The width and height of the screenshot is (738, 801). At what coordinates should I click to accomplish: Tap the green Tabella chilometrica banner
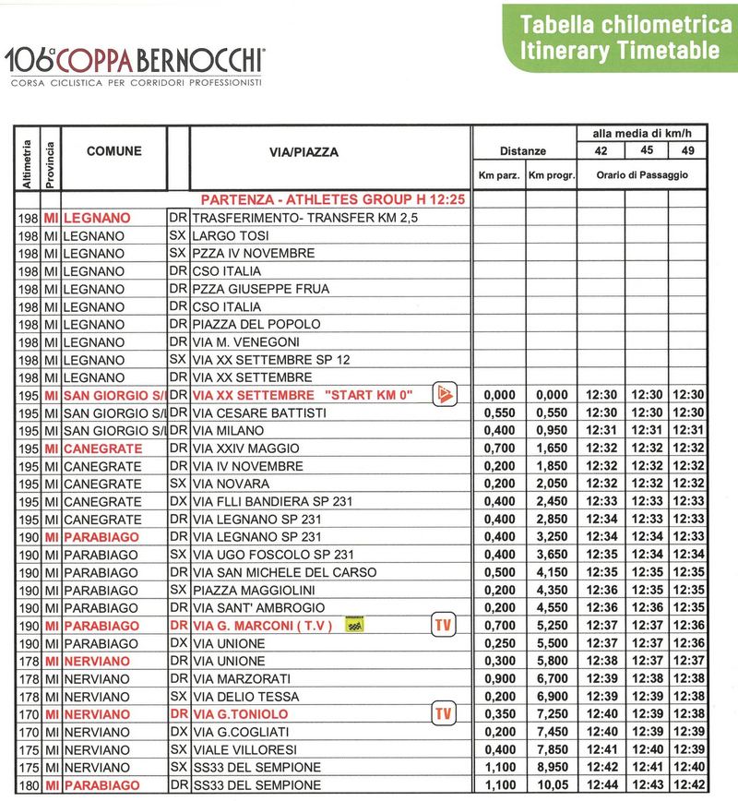pyautogui.click(x=620, y=37)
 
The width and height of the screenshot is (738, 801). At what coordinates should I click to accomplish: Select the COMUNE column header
pyautogui.click(x=114, y=151)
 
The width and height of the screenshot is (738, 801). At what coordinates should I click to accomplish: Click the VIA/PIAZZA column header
pyautogui.click(x=329, y=151)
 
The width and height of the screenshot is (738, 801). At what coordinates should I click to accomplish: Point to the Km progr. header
pyautogui.click(x=552, y=174)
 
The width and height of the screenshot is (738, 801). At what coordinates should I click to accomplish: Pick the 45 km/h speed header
pyautogui.click(x=647, y=150)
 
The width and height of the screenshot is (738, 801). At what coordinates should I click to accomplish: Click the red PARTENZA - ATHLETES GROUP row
pyautogui.click(x=326, y=200)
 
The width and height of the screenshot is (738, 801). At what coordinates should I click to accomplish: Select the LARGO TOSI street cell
pyautogui.click(x=228, y=235)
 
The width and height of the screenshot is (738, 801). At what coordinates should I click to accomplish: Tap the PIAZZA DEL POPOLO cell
pyautogui.click(x=256, y=324)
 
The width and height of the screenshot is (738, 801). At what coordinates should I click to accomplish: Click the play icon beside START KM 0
pyautogui.click(x=445, y=395)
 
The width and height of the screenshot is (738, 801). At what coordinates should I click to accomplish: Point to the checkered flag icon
pyautogui.click(x=351, y=626)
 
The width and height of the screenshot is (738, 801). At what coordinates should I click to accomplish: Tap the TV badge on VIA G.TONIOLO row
pyautogui.click(x=444, y=713)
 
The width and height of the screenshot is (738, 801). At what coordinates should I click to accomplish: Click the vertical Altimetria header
pyautogui.click(x=25, y=163)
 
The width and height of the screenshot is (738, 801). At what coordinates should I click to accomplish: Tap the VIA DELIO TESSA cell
pyautogui.click(x=243, y=696)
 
